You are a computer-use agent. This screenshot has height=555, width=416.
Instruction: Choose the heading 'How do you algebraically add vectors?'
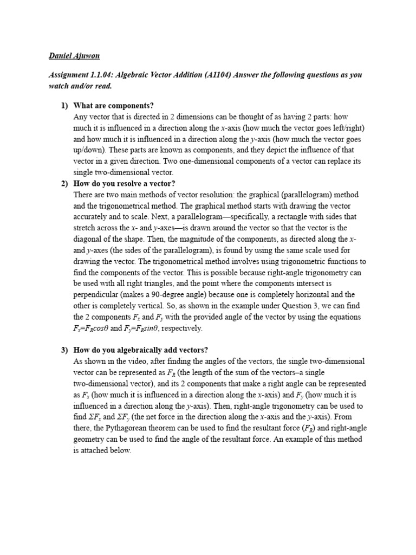tap(141, 350)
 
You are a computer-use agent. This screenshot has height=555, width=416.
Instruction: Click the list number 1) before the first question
tap(64, 106)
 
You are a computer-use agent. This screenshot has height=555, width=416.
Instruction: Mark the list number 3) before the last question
tap(64, 350)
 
